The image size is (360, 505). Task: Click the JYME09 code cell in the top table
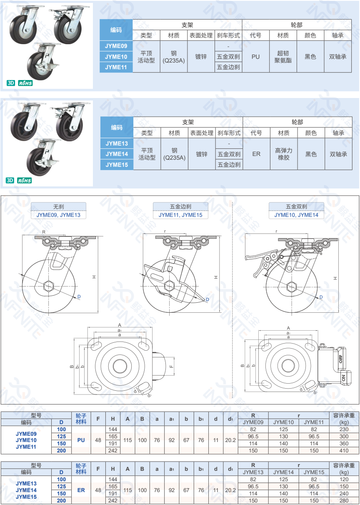pos(116,45)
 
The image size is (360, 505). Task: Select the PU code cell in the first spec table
pos(255,56)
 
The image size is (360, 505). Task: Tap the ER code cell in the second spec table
pos(256,154)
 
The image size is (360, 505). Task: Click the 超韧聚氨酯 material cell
pos(283,56)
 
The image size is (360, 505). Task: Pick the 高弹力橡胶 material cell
pos(284,154)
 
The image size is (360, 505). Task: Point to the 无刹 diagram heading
pos(58,206)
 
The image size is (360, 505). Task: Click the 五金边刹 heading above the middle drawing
pos(180,206)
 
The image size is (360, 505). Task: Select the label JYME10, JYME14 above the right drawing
pos(296,215)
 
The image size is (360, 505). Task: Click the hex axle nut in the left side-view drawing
pos(50,285)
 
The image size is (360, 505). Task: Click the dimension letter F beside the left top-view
pos(171,366)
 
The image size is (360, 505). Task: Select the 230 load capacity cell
pos(344,429)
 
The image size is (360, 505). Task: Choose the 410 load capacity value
pos(344,450)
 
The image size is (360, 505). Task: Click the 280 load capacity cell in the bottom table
pos(344,500)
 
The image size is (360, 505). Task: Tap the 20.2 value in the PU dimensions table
pos(230,440)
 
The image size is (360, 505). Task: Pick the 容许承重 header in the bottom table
pos(344,465)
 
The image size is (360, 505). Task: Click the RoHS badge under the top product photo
pos(25,83)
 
